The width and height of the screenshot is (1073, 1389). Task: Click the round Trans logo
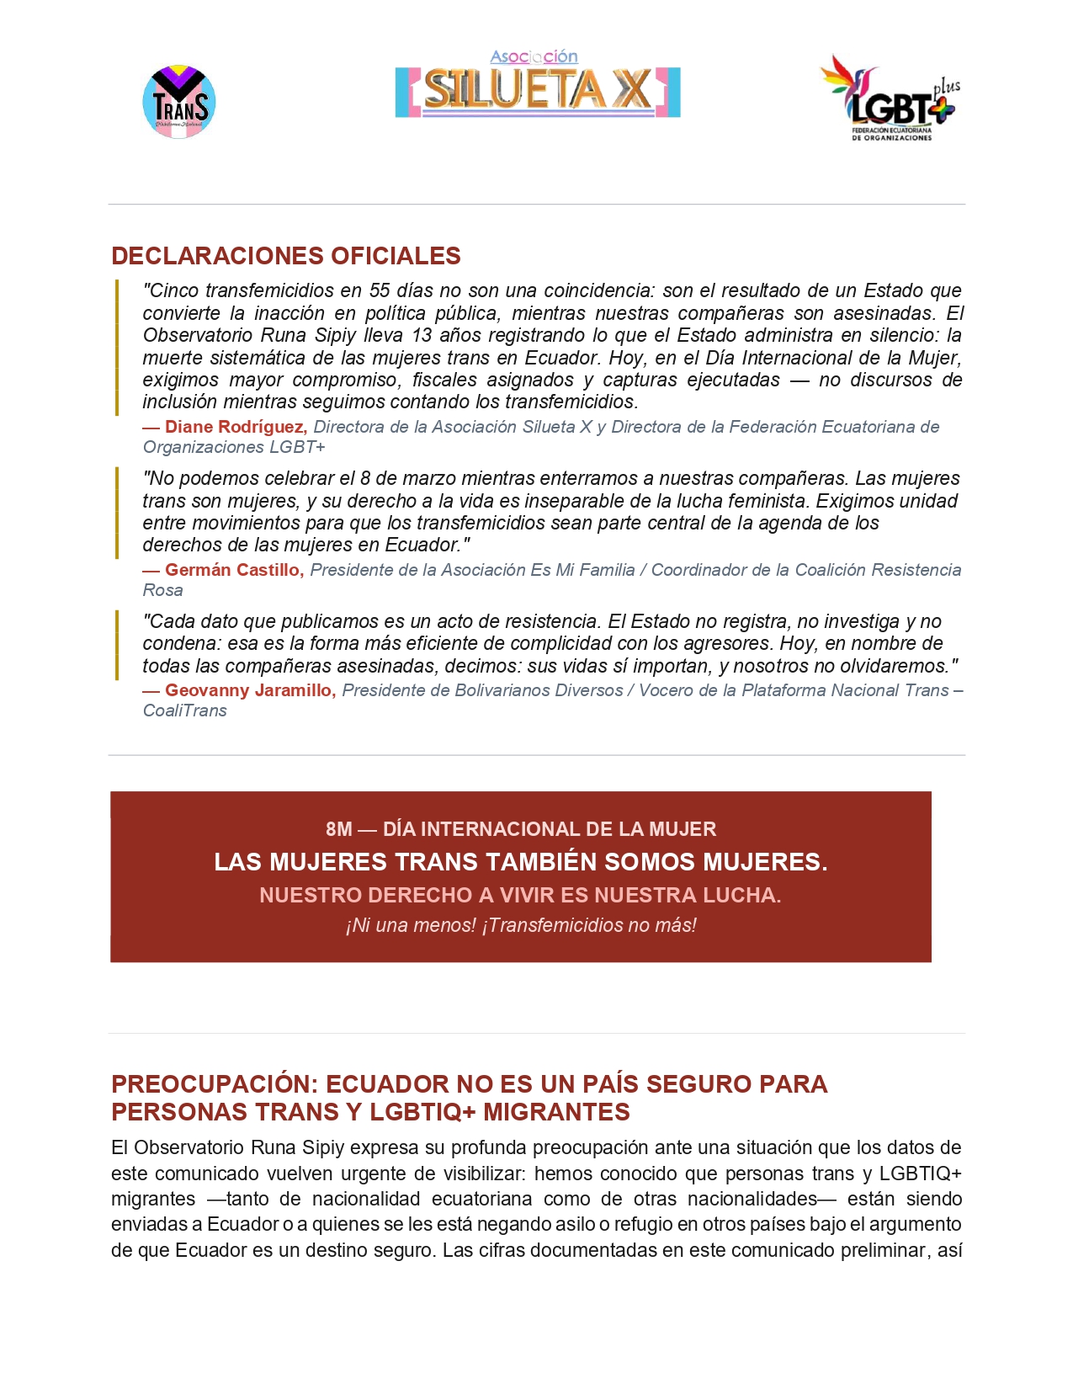[179, 102]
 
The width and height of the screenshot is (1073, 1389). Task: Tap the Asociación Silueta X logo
[538, 85]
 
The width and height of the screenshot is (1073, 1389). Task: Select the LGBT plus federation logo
[890, 99]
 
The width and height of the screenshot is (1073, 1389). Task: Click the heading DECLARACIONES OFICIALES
[286, 256]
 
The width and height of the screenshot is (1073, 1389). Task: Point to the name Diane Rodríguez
[236, 427]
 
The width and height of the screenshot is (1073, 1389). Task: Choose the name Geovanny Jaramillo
[250, 690]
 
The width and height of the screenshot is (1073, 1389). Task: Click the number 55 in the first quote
[380, 290]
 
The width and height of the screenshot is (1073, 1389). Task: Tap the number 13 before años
[422, 335]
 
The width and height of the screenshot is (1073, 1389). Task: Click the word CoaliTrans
[185, 710]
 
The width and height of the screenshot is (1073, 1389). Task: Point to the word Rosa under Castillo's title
[162, 590]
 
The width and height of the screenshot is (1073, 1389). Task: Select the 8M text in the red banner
[339, 829]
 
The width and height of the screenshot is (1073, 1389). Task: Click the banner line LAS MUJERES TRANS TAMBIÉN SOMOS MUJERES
[521, 862]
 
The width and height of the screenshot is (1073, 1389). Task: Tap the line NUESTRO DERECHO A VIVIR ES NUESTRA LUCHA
[520, 895]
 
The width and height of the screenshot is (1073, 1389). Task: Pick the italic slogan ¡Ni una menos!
[411, 925]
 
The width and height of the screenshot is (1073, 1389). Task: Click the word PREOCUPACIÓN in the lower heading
[215, 1084]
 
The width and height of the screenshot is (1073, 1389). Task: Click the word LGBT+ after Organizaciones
[297, 447]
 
